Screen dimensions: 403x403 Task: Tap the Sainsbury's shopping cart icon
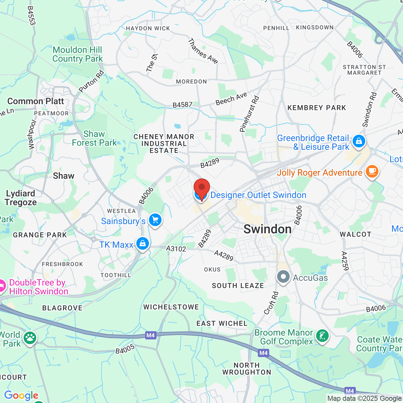155,220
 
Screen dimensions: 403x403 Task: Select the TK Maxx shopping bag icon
143,244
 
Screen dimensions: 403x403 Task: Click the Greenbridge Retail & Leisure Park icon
359,141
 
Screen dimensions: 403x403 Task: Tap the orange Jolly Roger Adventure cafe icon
372,172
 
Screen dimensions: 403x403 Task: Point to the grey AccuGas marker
283,277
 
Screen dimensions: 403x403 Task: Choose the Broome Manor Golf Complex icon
322,336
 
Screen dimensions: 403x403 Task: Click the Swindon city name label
267,229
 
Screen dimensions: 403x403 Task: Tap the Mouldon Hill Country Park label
77,54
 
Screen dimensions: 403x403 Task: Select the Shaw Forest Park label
94,138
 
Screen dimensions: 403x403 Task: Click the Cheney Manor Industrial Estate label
164,144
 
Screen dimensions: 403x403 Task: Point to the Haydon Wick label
148,28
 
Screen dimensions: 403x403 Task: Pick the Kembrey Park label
316,108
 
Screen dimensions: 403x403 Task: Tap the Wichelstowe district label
171,307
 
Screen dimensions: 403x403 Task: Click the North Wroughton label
247,369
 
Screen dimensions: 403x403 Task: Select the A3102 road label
176,249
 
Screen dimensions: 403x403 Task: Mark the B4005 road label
125,349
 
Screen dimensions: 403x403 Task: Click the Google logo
21,395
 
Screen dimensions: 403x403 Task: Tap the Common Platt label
36,101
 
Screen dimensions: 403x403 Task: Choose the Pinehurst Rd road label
249,114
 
